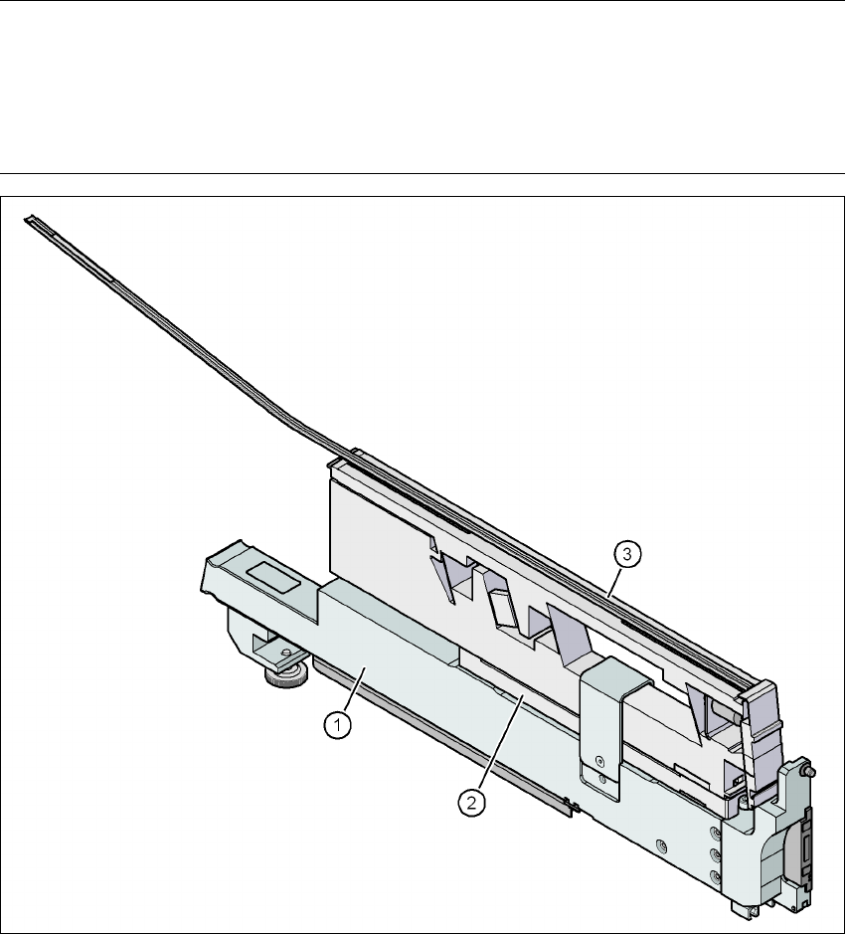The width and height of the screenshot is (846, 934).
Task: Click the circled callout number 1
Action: click(338, 725)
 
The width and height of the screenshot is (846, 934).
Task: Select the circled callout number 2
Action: click(471, 803)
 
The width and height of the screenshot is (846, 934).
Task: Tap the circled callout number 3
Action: click(627, 554)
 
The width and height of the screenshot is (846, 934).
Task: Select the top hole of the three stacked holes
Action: click(715, 832)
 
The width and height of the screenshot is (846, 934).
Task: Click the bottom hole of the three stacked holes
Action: click(715, 875)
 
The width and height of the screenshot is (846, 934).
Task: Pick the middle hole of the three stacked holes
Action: click(715, 853)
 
